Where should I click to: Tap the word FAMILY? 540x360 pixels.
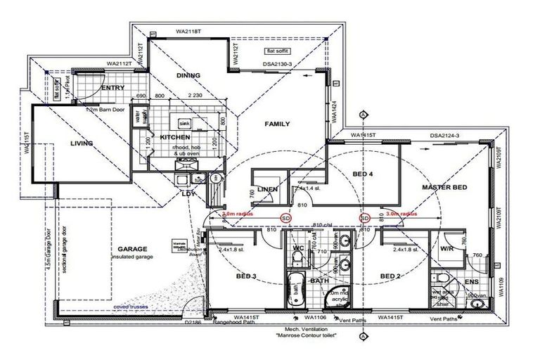tap(277, 124)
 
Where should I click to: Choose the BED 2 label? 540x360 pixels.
tap(390, 276)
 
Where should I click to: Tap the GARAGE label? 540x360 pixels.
tap(132, 249)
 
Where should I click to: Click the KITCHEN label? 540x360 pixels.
tap(176, 137)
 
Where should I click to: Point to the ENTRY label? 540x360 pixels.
tap(112, 89)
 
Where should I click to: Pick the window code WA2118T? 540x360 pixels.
tap(188, 32)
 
